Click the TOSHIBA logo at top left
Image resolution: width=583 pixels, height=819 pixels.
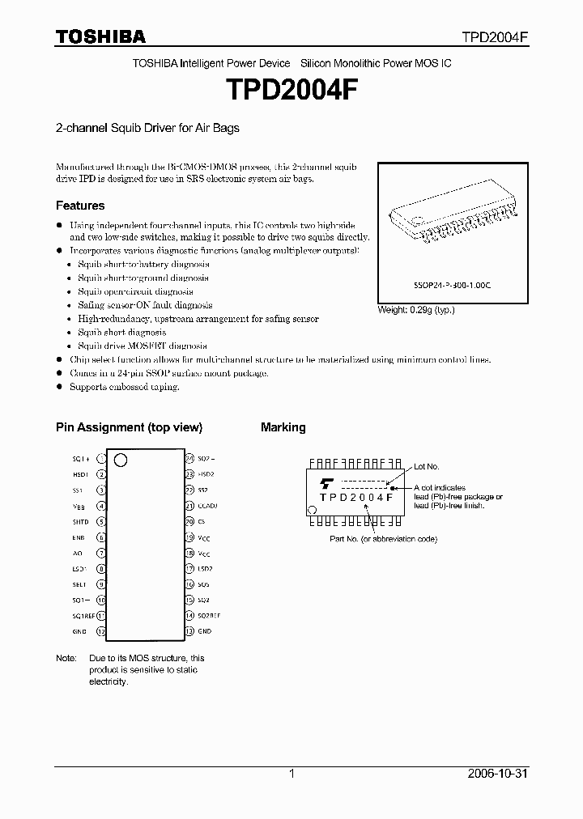(100, 36)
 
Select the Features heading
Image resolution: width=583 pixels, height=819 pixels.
(80, 206)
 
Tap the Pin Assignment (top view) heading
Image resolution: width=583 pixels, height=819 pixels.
(129, 427)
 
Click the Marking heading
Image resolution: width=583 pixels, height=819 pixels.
(283, 427)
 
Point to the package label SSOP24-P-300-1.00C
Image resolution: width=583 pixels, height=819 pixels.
(448, 286)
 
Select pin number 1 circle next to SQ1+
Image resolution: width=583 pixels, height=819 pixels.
(101, 460)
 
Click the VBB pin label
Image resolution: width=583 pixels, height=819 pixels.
(79, 507)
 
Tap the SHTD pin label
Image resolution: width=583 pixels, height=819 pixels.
(79, 522)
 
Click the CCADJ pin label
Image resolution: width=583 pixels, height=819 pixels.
(206, 507)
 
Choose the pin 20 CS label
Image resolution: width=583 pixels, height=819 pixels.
(202, 522)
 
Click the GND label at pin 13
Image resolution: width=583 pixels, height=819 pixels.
(204, 631)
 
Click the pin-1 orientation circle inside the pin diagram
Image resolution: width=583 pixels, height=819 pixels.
(121, 461)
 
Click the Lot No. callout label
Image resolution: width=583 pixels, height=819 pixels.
(426, 467)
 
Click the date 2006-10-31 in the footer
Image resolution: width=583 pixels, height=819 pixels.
(496, 774)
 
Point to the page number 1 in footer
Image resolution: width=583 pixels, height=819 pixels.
(291, 774)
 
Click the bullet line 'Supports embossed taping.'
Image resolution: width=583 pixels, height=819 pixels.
(124, 387)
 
